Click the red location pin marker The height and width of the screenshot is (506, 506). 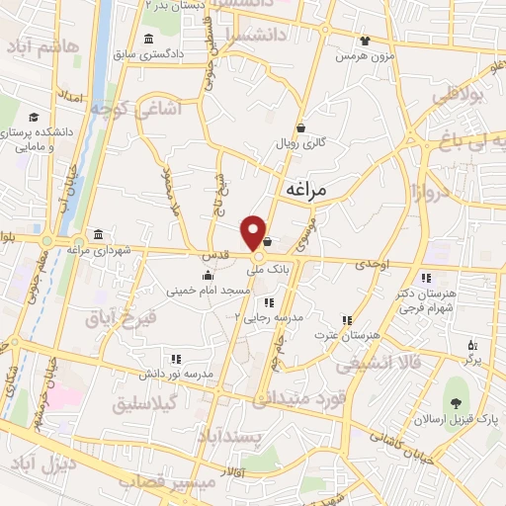click(256, 231)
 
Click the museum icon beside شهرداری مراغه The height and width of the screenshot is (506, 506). click(99, 235)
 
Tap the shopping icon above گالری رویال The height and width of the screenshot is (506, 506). click(300, 127)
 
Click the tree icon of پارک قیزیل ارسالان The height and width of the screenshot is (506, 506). click(455, 401)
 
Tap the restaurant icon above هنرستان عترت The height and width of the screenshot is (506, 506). click(346, 320)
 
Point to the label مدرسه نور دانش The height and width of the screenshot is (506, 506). click(176, 376)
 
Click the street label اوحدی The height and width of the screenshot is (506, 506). click(372, 264)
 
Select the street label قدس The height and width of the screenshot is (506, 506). click(215, 256)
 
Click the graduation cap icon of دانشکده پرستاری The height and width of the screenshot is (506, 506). click(34, 117)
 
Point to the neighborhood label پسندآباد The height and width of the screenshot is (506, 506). click(255, 436)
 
